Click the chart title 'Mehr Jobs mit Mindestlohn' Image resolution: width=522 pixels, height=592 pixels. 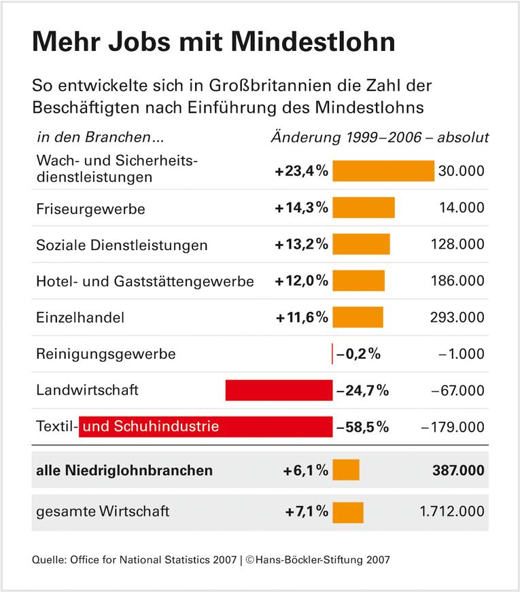[213, 42]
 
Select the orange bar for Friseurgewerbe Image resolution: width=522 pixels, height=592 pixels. [363, 208]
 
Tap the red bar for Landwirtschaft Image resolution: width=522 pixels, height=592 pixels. [279, 390]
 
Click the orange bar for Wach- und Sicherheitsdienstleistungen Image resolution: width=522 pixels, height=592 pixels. [383, 171]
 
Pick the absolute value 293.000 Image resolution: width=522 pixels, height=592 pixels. [457, 317]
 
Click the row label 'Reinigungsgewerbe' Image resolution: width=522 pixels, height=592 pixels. [105, 354]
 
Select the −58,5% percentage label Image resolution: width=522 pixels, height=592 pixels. [362, 427]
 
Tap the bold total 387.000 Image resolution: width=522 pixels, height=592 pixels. [457, 470]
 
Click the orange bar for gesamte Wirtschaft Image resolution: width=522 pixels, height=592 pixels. [348, 511]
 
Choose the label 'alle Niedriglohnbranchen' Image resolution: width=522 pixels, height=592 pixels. [124, 470]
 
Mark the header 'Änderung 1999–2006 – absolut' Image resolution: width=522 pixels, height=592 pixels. [380, 137]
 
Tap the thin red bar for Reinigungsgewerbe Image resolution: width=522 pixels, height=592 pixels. [332, 354]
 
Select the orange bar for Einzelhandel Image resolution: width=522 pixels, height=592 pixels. [358, 317]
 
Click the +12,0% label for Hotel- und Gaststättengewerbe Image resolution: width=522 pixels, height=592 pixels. [302, 281]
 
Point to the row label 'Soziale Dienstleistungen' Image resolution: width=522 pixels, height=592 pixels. [122, 245]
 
